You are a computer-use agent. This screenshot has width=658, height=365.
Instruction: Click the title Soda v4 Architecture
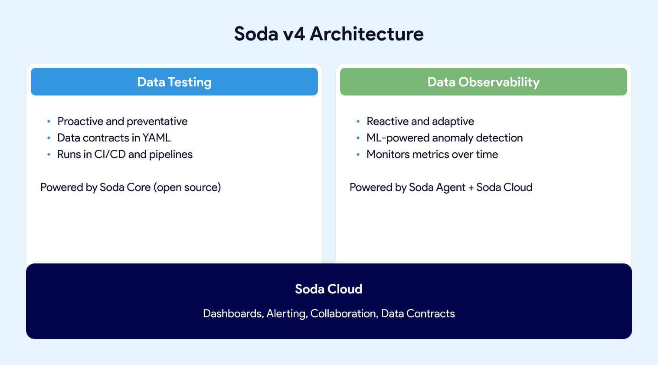tap(329, 34)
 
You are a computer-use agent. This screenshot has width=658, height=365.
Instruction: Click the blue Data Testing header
tap(174, 82)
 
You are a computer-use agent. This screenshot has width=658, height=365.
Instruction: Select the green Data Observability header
tap(483, 82)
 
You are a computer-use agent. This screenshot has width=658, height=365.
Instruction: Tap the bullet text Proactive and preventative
tap(122, 122)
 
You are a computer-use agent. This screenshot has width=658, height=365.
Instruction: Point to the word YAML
tap(157, 138)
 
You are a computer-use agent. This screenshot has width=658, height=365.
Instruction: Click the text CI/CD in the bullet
tap(110, 155)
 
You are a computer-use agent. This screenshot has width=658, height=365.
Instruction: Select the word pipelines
tap(170, 155)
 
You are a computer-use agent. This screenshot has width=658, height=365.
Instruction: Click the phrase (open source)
tap(187, 187)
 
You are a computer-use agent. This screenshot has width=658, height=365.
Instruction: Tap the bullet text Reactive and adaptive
tap(420, 122)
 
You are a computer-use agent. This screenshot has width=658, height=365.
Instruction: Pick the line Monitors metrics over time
tap(432, 155)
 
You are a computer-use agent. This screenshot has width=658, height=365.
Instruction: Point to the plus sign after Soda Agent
tap(471, 188)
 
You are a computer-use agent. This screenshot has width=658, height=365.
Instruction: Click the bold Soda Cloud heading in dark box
tap(328, 289)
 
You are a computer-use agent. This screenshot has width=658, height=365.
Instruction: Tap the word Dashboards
tap(232, 314)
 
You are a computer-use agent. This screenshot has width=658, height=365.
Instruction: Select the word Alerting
tap(287, 314)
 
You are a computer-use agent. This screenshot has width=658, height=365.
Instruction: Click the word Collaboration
tap(344, 314)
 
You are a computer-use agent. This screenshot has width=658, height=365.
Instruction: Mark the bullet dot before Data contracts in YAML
tap(49, 138)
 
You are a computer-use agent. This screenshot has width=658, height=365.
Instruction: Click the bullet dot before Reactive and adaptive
tap(358, 122)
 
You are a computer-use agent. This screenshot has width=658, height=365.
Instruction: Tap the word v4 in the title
tap(294, 34)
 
